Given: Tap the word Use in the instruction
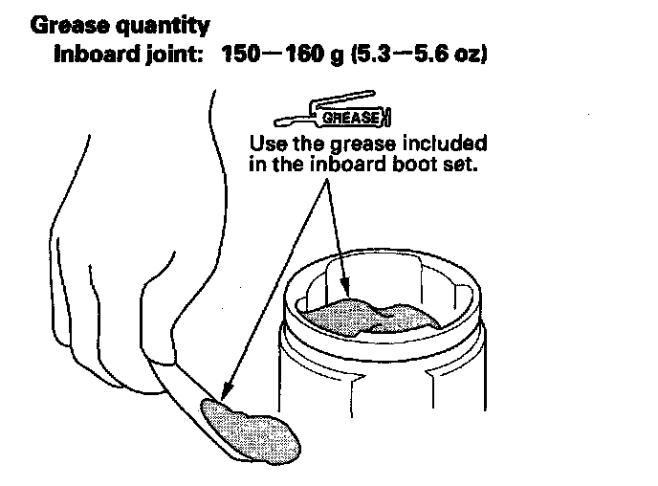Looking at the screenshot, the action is coord(267,144).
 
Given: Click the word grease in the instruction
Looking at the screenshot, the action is coord(366,144).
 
